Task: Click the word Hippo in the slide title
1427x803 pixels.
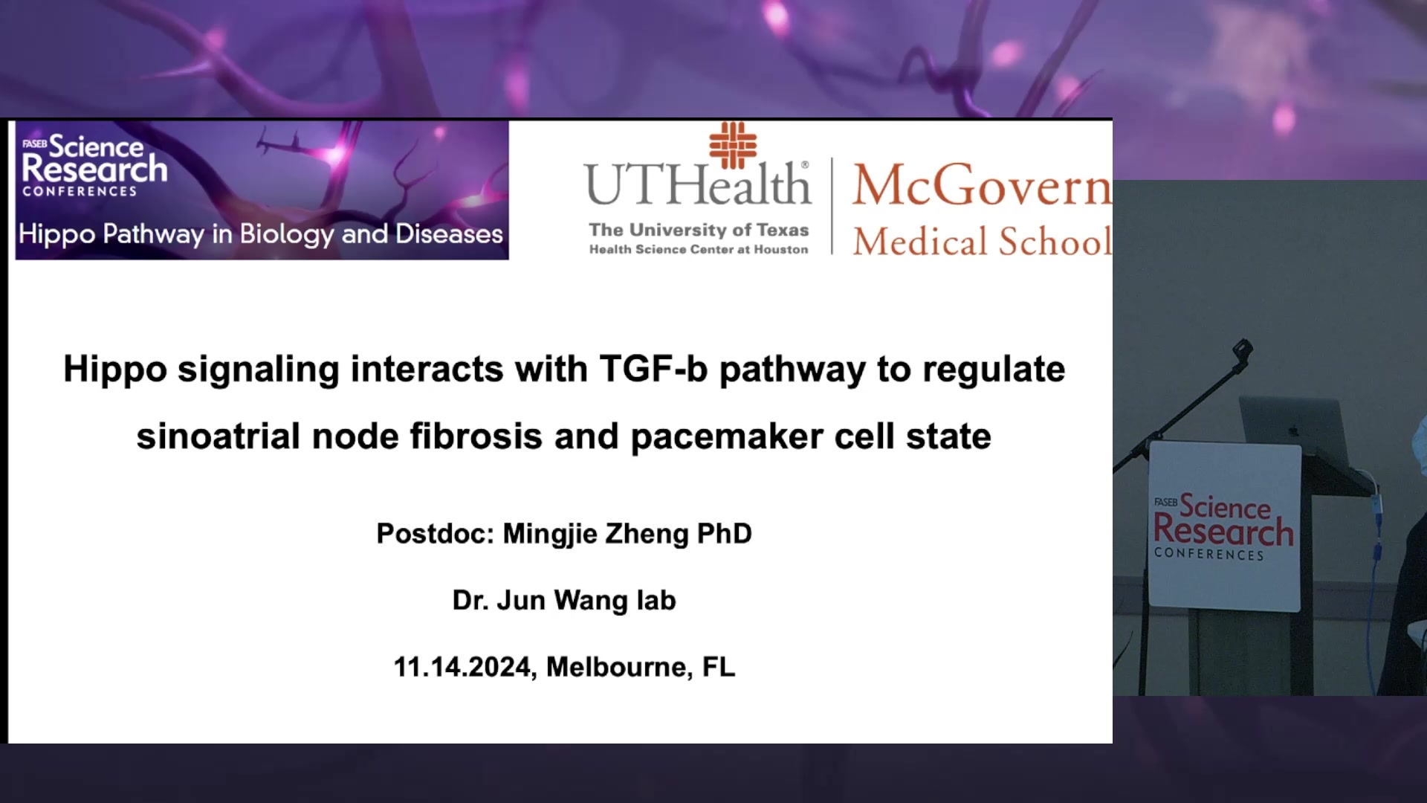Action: click(x=115, y=370)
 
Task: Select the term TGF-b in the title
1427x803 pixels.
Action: click(x=653, y=369)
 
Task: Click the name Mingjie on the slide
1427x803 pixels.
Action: click(x=550, y=535)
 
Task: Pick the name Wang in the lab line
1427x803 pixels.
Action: click(x=591, y=601)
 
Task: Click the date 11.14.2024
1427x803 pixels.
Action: click(x=464, y=668)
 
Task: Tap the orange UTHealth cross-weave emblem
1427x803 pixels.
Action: click(x=733, y=145)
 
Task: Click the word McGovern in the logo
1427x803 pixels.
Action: click(x=982, y=185)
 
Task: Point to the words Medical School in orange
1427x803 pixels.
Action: click(x=982, y=242)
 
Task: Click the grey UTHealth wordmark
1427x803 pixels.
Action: click(x=697, y=184)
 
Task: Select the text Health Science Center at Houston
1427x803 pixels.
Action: click(x=699, y=250)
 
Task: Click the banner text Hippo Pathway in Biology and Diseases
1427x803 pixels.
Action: click(x=261, y=235)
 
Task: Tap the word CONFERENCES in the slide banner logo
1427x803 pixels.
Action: click(x=80, y=192)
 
